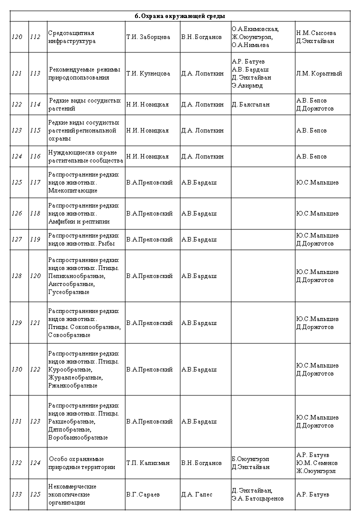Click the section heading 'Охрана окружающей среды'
180,16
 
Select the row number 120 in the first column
16,37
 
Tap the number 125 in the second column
35,494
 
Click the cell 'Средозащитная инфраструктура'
71,37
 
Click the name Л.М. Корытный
319,73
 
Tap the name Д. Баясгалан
250,104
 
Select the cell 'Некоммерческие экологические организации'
72,494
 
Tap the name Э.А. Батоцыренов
257,498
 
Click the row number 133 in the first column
16,494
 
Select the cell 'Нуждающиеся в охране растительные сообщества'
85,156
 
